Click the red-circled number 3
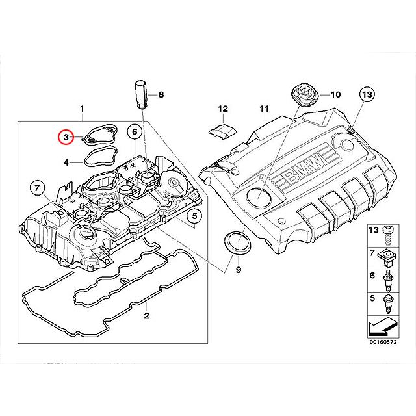tap(65, 137)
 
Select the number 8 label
tap(161, 95)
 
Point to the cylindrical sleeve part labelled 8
tap(141, 94)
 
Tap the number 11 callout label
tap(263, 109)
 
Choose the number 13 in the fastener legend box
tap(373, 231)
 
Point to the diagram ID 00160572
tap(383, 342)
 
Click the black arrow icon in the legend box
tap(383, 325)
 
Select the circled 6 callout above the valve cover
tap(134, 133)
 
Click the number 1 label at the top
tap(82, 108)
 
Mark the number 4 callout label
tap(66, 162)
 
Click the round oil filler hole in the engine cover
tap(261, 194)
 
